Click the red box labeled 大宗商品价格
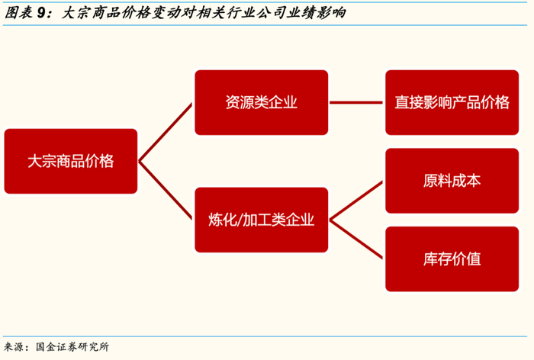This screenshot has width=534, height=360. click(x=70, y=161)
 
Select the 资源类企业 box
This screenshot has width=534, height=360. click(x=261, y=102)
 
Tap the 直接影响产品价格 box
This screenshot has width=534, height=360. click(x=452, y=102)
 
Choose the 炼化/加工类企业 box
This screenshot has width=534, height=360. click(x=261, y=220)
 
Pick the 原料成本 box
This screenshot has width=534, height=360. click(x=452, y=181)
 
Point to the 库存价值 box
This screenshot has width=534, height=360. click(x=452, y=259)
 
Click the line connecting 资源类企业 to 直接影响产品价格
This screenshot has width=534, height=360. click(x=356, y=102)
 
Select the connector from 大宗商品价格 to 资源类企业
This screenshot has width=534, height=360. click(x=166, y=131)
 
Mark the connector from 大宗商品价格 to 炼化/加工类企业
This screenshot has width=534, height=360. click(x=166, y=191)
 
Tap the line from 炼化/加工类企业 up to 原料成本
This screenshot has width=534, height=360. click(x=357, y=201)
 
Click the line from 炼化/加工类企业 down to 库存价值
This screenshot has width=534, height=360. click(x=357, y=239)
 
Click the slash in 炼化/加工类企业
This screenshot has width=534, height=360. click(x=237, y=220)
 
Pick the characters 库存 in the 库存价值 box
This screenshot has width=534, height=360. click(x=438, y=259)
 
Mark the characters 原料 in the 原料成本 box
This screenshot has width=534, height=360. click(x=438, y=181)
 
